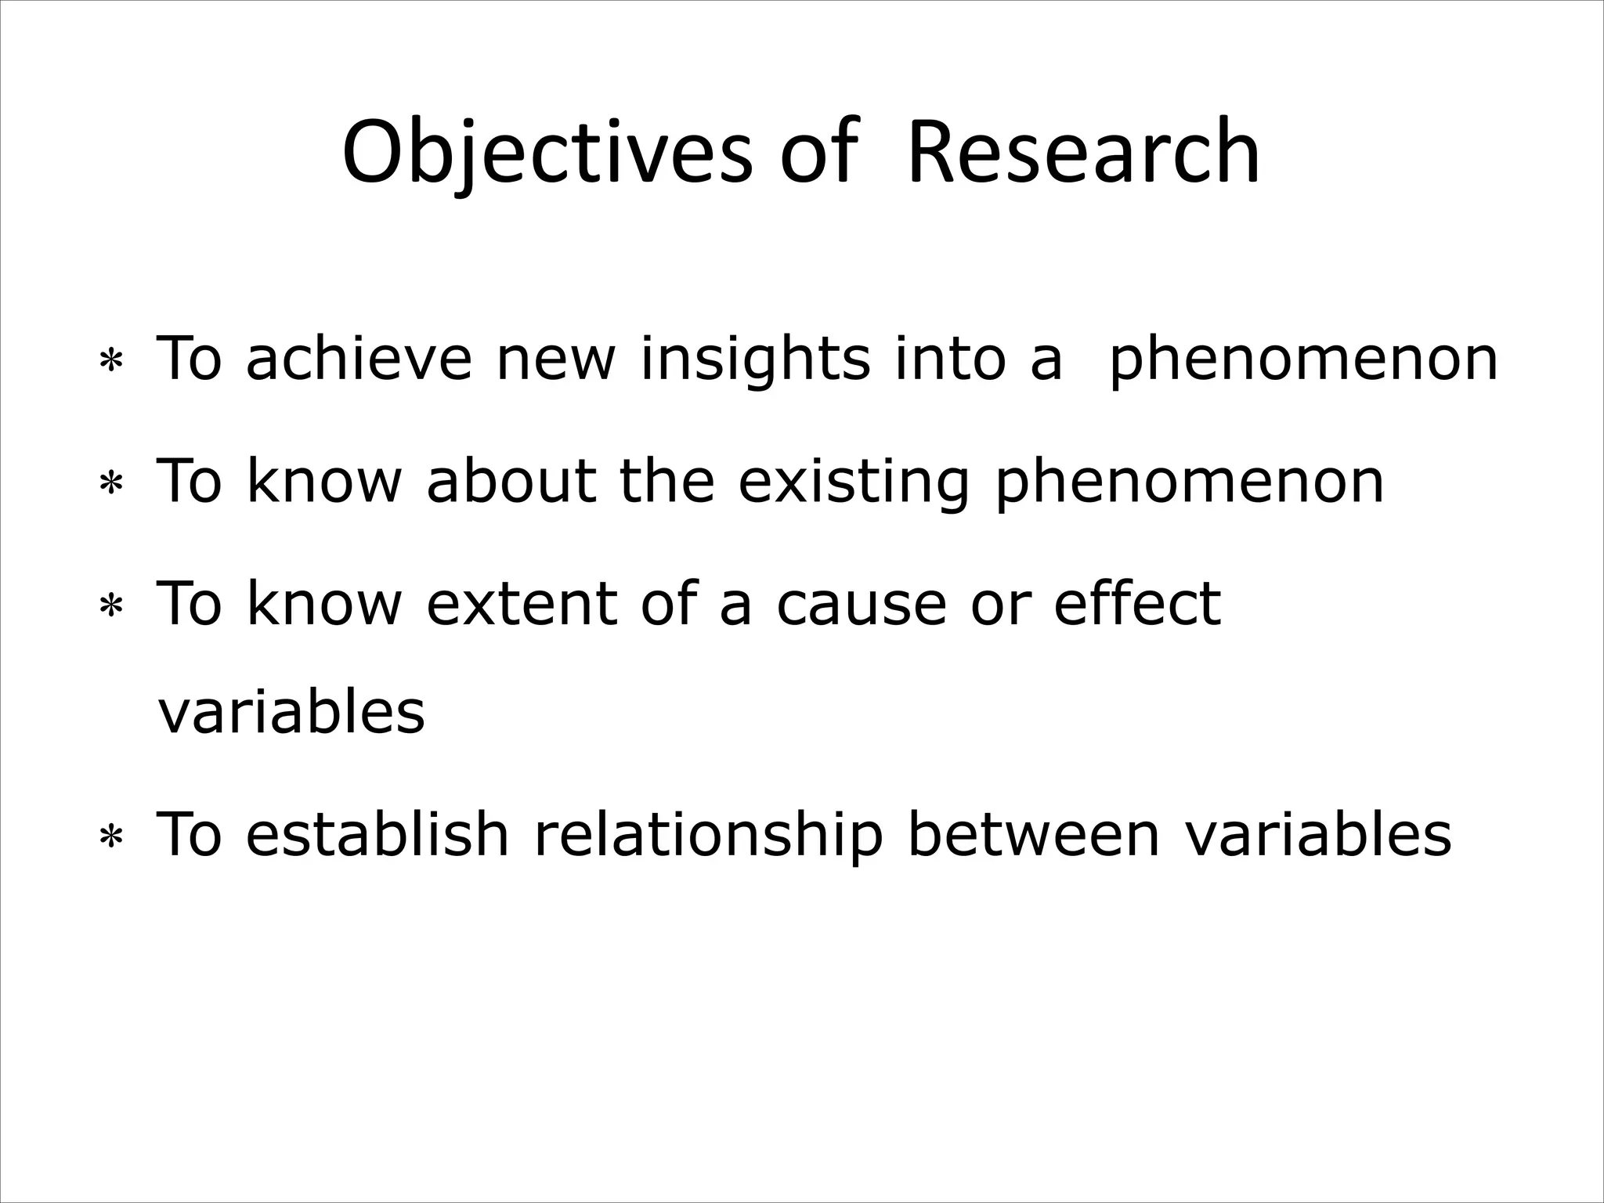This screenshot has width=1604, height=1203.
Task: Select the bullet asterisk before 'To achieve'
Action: click(x=111, y=363)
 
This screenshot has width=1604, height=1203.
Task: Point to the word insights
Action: click(x=755, y=358)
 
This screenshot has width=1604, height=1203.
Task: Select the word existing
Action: click(x=854, y=482)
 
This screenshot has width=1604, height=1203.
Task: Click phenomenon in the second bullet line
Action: click(x=1189, y=482)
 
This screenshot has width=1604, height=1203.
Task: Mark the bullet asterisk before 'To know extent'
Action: click(x=111, y=608)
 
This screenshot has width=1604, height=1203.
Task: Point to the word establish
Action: click(x=378, y=833)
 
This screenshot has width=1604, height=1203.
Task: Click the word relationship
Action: click(x=708, y=835)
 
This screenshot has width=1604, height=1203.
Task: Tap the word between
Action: click(x=1032, y=833)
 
